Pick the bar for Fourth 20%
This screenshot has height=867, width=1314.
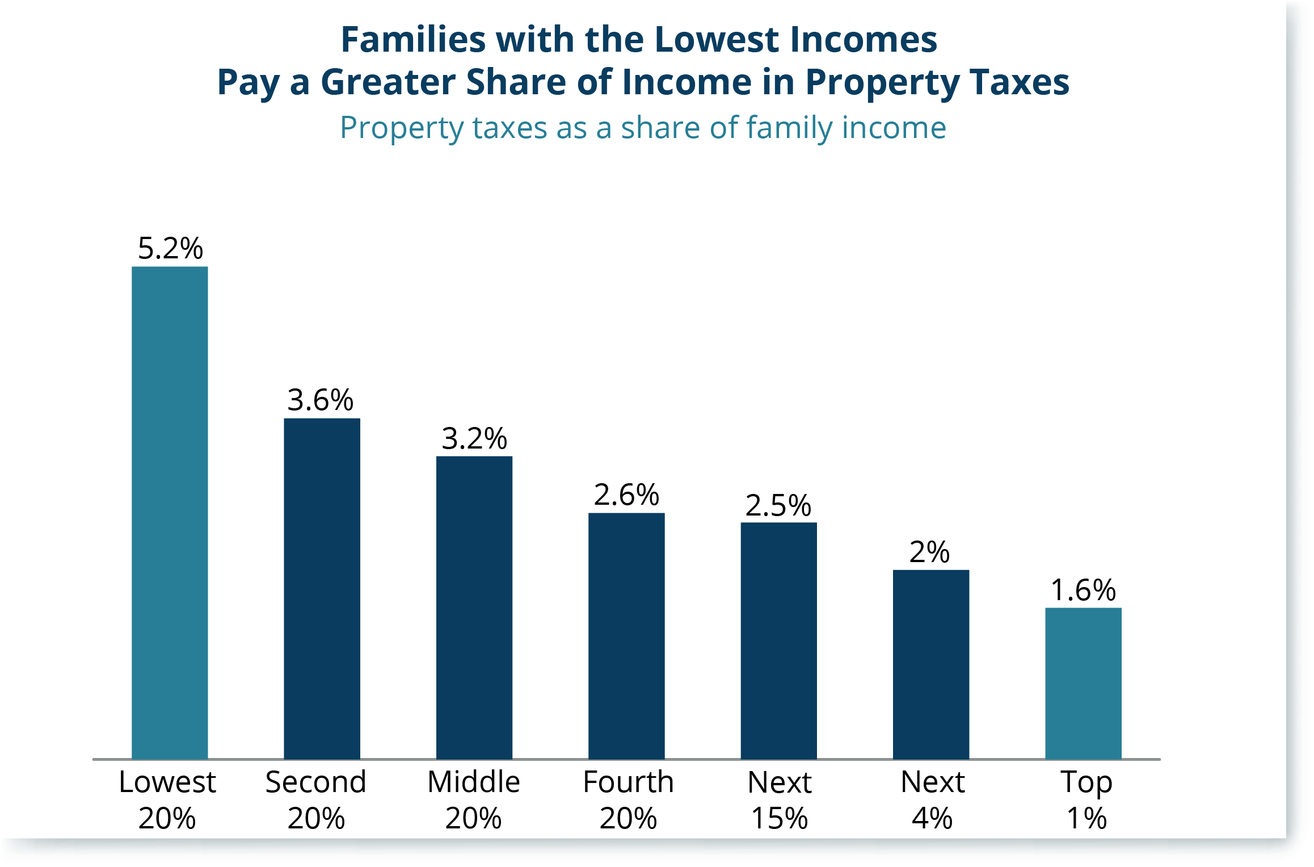click(x=626, y=636)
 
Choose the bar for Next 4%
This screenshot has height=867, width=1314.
click(x=930, y=664)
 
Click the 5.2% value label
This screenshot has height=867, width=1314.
click(x=170, y=249)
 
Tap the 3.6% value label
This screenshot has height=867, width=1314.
click(x=320, y=400)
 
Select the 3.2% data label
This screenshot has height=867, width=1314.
click(x=474, y=438)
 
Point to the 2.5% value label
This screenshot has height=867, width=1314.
click(x=778, y=505)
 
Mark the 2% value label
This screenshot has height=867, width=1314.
click(x=929, y=552)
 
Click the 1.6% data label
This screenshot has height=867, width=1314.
click(x=1083, y=590)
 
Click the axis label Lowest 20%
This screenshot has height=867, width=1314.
click(x=167, y=799)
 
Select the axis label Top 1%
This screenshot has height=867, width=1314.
click(x=1086, y=799)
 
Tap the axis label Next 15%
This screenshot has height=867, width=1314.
click(x=780, y=799)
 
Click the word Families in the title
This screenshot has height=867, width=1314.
click(x=412, y=40)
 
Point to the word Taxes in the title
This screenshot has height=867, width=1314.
click(x=1019, y=82)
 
